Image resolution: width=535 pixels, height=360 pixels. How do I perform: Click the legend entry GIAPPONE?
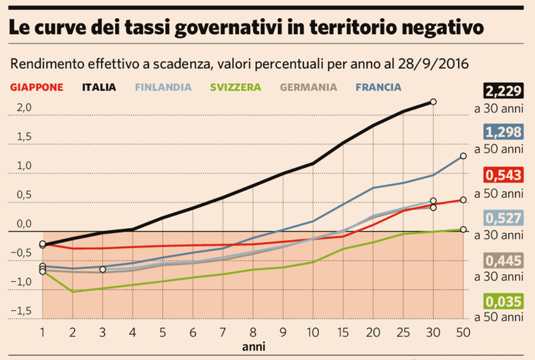pos(37,87)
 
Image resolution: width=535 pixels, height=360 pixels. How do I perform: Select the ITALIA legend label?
pos(99,87)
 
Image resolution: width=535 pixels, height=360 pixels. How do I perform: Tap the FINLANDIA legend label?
pos(163,87)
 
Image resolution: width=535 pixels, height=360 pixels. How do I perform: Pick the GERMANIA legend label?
pos(308,87)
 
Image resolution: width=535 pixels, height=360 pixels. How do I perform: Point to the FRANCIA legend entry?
pos(379,87)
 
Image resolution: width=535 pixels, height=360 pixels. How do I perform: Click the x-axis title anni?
pos(253,347)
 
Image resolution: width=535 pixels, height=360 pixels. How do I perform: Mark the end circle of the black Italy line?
pos(433,102)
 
